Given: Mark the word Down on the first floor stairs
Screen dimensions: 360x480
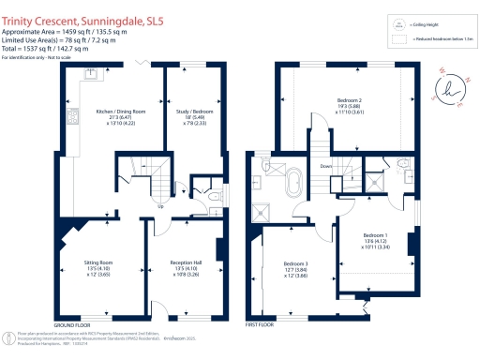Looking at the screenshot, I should click(325, 168).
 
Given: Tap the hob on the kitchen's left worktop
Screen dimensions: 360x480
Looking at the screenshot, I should click(72, 116).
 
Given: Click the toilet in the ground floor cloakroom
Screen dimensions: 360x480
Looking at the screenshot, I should click(215, 195).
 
